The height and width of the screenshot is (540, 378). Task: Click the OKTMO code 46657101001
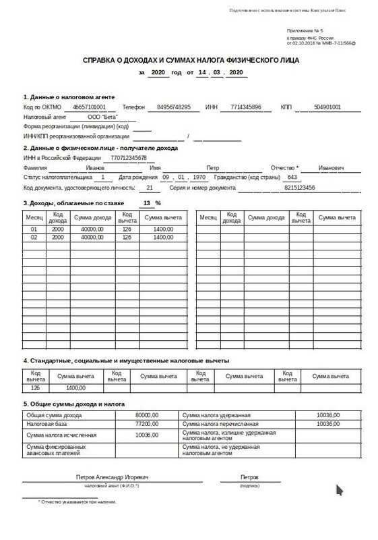89,107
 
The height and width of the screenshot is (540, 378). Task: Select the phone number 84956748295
173,107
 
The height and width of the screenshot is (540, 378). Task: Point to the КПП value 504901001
327,107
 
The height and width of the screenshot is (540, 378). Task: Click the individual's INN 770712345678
128,158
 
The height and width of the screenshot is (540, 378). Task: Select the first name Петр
213,167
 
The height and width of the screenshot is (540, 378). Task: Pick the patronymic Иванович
332,167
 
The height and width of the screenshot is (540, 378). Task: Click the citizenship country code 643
292,177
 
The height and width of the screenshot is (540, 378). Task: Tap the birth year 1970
199,177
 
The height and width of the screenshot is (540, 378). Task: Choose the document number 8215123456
300,187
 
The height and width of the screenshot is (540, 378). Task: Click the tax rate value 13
147,202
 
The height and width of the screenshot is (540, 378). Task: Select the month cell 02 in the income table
34,238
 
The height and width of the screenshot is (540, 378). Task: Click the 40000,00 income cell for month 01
92,229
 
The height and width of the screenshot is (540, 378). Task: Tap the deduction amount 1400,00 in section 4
75,387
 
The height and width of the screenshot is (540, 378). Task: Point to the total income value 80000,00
146,414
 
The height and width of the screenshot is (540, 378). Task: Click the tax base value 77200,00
146,424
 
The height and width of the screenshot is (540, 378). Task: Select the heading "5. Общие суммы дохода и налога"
74,404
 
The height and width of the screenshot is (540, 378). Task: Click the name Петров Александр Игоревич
112,477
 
